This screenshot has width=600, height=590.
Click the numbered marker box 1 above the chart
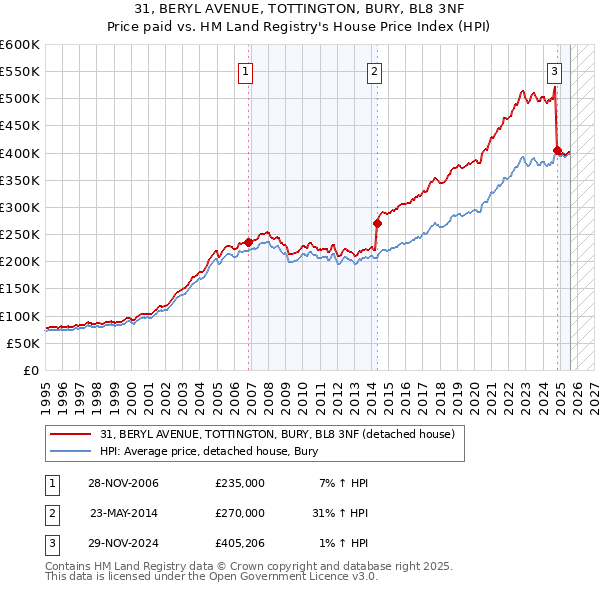(x=245, y=71)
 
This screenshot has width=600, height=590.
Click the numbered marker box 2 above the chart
(x=374, y=71)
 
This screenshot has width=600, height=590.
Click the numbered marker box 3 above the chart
(x=554, y=71)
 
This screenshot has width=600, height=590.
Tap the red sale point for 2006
(x=249, y=242)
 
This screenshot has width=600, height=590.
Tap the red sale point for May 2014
(x=377, y=223)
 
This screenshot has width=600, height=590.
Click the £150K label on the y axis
(x=20, y=289)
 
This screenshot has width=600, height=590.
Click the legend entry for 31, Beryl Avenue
(x=277, y=434)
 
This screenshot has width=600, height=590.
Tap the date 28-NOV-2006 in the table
(x=123, y=483)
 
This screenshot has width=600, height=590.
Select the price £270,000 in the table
(x=240, y=513)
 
